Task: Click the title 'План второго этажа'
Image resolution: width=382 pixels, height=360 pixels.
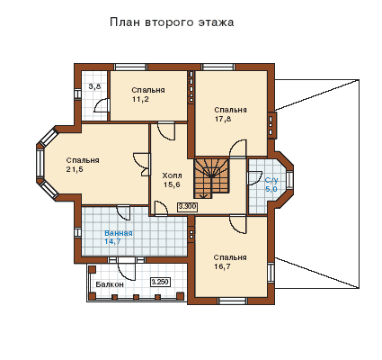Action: click(172, 22)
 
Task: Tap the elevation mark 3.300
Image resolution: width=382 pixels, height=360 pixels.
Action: click(187, 206)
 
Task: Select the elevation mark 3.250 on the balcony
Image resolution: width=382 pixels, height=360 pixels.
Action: click(160, 282)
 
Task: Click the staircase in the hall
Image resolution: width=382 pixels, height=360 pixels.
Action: click(211, 178)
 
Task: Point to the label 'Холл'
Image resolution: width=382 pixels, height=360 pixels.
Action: click(172, 175)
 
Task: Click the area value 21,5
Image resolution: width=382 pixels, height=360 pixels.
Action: click(75, 169)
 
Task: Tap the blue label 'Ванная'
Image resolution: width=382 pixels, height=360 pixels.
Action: click(119, 233)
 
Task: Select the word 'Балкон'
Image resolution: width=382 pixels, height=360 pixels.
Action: click(110, 284)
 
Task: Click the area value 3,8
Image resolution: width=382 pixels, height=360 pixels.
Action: click(94, 87)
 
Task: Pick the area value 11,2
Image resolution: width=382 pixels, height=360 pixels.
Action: click(140, 100)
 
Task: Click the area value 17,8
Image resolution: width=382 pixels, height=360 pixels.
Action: click(223, 119)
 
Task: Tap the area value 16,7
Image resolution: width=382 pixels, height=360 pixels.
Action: click(222, 266)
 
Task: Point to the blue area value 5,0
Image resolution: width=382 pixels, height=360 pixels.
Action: click(271, 189)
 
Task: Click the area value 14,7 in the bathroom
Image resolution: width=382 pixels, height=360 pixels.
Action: click(112, 242)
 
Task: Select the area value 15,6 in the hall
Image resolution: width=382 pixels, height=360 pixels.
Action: click(172, 184)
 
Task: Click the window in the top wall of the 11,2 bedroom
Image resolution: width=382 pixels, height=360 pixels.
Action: click(131, 67)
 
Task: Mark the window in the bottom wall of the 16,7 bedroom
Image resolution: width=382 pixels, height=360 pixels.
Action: click(231, 301)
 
